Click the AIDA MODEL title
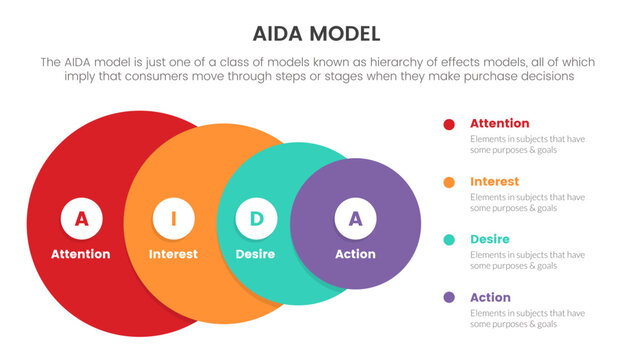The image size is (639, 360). pos(319,34)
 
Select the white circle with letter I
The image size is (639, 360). pos(173,218)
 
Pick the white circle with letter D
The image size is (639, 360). pos(256,218)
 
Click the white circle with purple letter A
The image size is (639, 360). pos(354,218)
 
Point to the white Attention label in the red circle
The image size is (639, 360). pos(81,254)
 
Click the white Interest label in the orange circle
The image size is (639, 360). pos(173,254)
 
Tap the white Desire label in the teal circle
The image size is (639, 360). pos(255,254)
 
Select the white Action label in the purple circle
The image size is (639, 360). pos(354,254)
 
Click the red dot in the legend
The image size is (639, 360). pos(449,125)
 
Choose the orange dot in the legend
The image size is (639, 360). pos(449,182)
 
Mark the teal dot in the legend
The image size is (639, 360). pos(449,240)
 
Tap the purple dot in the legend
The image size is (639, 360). pos(449,298)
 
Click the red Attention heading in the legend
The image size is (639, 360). pos(500,123)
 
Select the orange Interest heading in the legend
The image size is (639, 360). pos(494,181)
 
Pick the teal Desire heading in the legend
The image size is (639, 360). pos(490,239)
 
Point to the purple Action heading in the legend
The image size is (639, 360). pos(490,297)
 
